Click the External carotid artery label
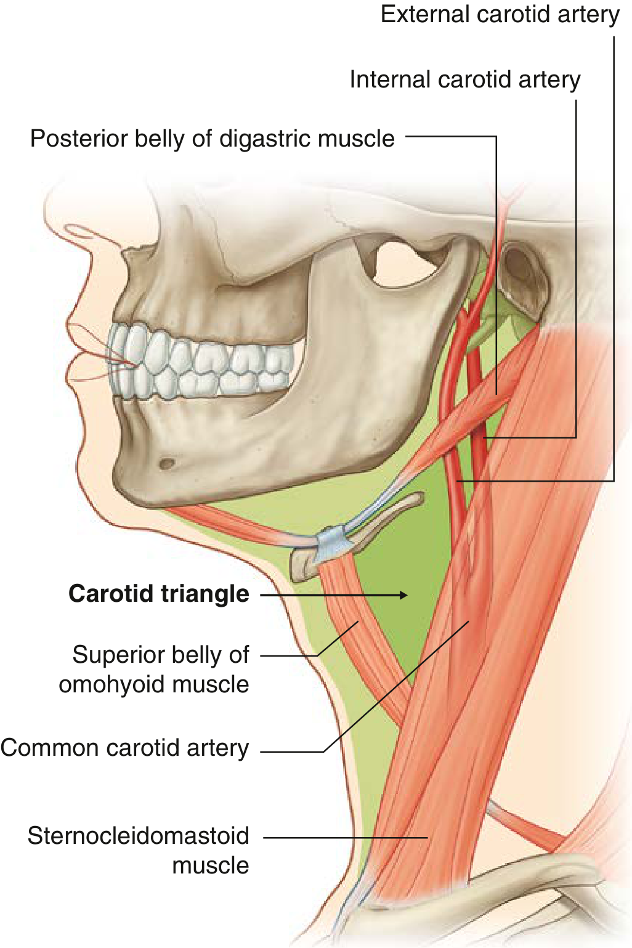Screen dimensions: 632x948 pos(500,15)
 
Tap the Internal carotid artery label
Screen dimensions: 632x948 pos(465,80)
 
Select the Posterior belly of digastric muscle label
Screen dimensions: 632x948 pos(212,139)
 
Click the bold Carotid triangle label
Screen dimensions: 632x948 pos(159,594)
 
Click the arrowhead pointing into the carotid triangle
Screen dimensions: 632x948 pos(402,595)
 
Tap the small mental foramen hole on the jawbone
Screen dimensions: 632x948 pos(167,463)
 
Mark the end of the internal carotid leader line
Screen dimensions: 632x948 pos(485,437)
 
